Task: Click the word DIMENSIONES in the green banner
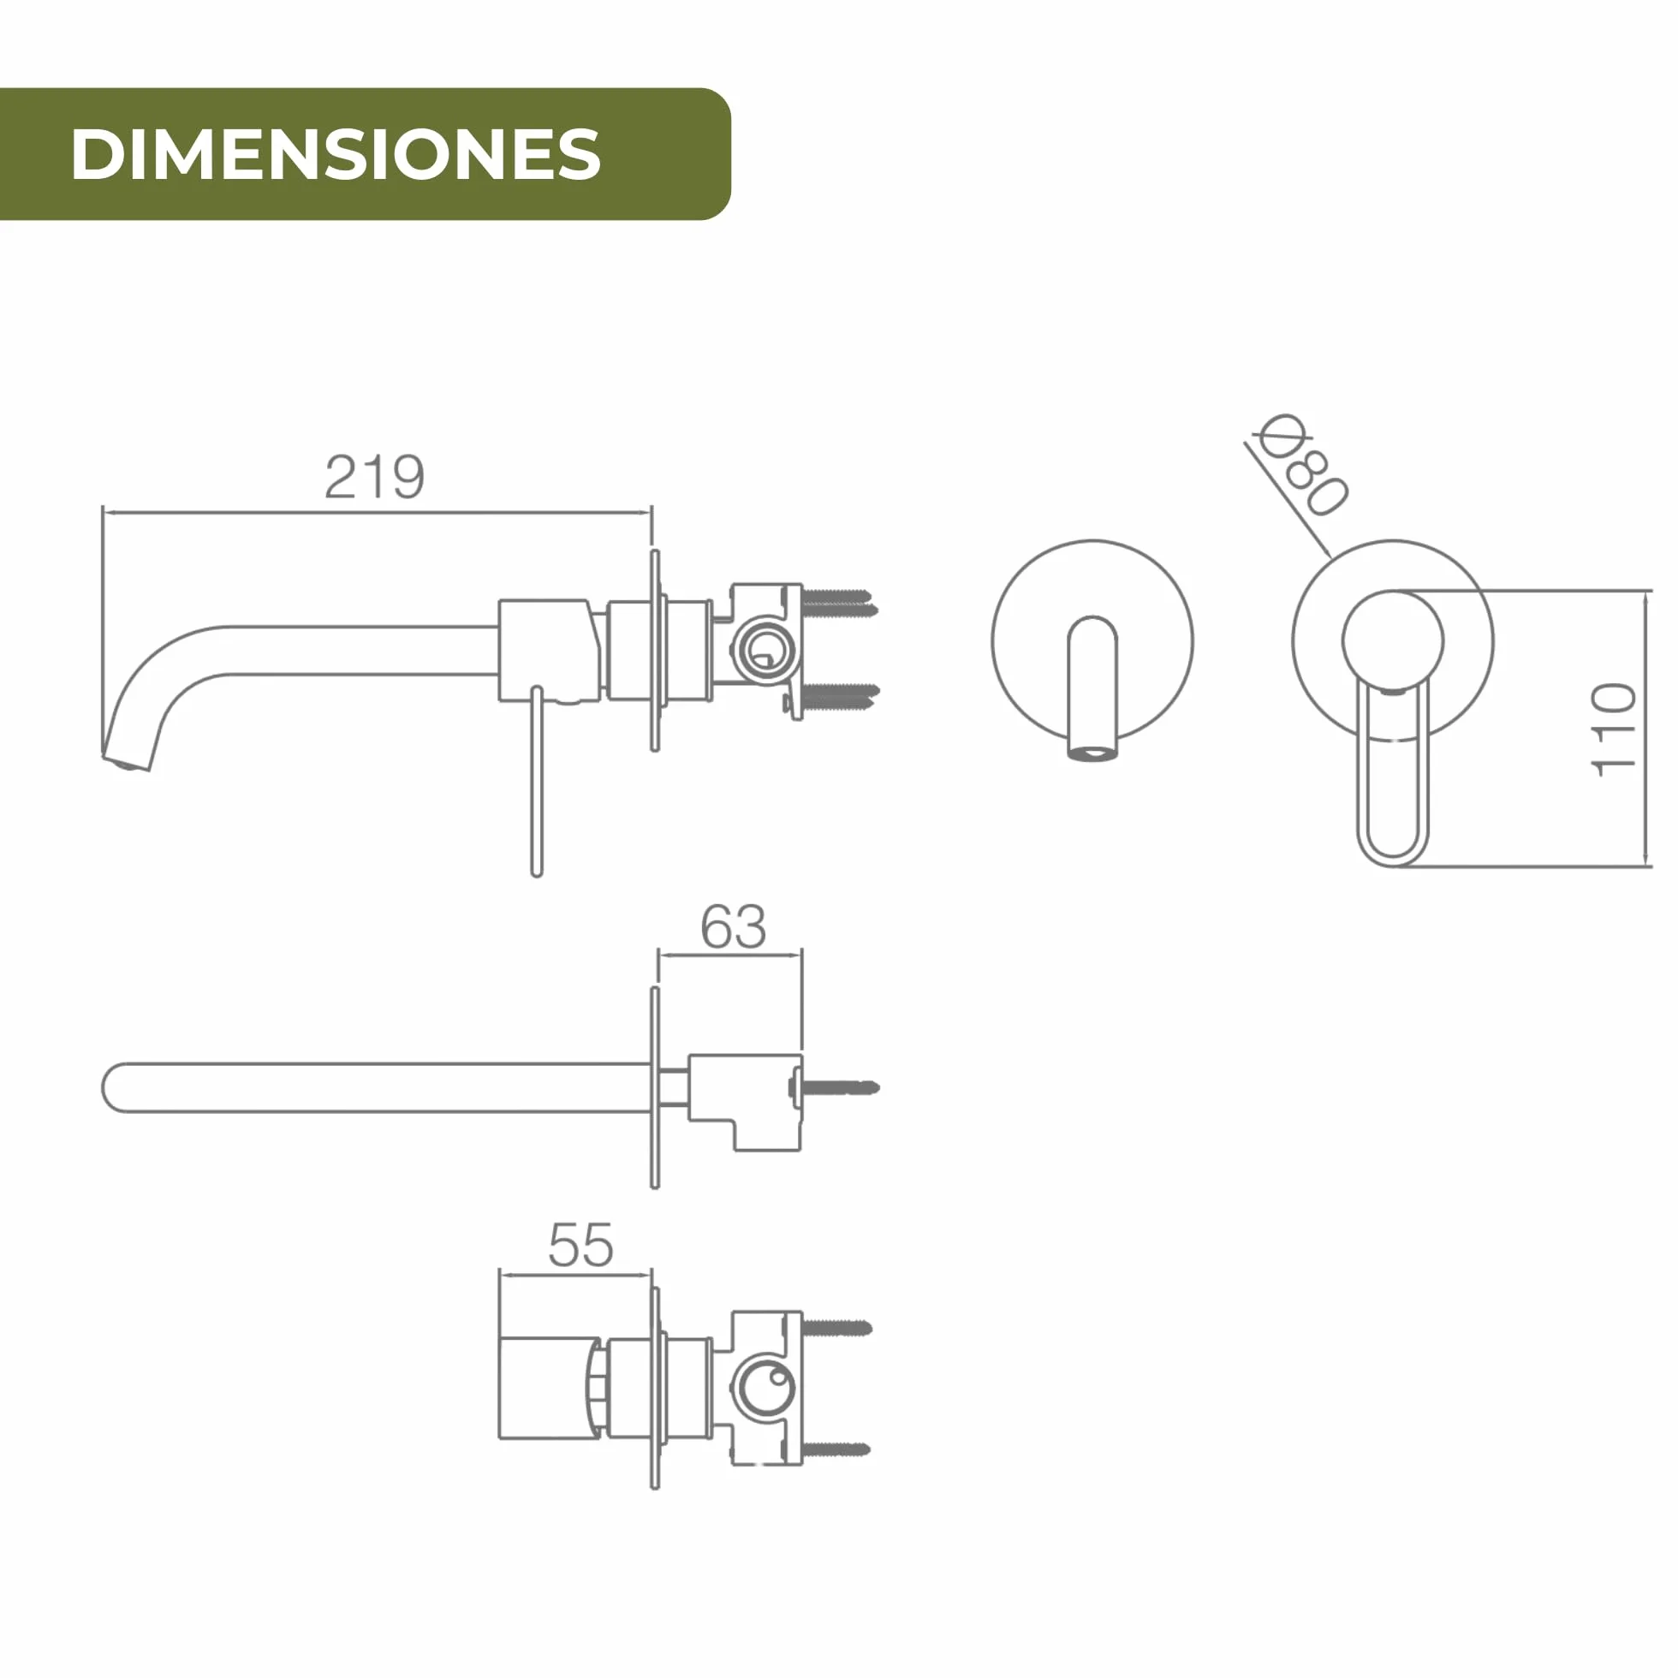pos(336,154)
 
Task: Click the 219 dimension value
pos(374,477)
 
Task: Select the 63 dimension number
pos(733,926)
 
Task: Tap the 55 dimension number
pos(580,1246)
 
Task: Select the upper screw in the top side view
pos(839,601)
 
